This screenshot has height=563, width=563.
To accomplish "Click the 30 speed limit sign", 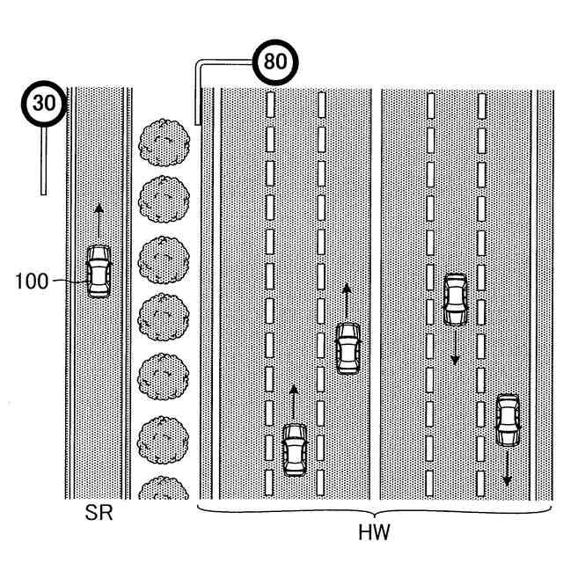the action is [x=44, y=104].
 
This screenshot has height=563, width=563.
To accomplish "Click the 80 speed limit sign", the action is [x=275, y=62].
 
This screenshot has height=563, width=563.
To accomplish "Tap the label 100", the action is [x=32, y=281].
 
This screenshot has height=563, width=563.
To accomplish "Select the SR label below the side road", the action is [x=99, y=513].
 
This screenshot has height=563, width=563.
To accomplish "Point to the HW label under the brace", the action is [x=374, y=532].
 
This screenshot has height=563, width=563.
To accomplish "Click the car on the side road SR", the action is [x=99, y=272].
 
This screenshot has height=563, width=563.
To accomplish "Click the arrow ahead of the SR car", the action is [x=99, y=221].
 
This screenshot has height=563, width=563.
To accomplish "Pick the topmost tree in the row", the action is [x=165, y=143].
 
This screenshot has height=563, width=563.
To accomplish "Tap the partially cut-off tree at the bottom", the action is [x=164, y=487].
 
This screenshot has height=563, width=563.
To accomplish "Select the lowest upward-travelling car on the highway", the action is [x=295, y=450].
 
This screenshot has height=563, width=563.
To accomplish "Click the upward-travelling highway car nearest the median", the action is [x=347, y=349].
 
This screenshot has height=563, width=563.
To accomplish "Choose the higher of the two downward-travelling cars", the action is [x=456, y=299].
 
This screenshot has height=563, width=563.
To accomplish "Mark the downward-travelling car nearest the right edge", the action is [x=508, y=420].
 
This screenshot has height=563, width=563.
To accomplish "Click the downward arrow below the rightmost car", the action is [x=507, y=469].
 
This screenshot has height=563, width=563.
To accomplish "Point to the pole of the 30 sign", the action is [x=43, y=161].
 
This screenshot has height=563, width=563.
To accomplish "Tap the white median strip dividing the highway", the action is [x=376, y=293].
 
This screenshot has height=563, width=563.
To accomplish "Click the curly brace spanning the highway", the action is [x=374, y=511].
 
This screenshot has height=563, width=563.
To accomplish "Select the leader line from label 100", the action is [x=70, y=281].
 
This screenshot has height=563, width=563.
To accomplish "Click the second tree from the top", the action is [x=164, y=200].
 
